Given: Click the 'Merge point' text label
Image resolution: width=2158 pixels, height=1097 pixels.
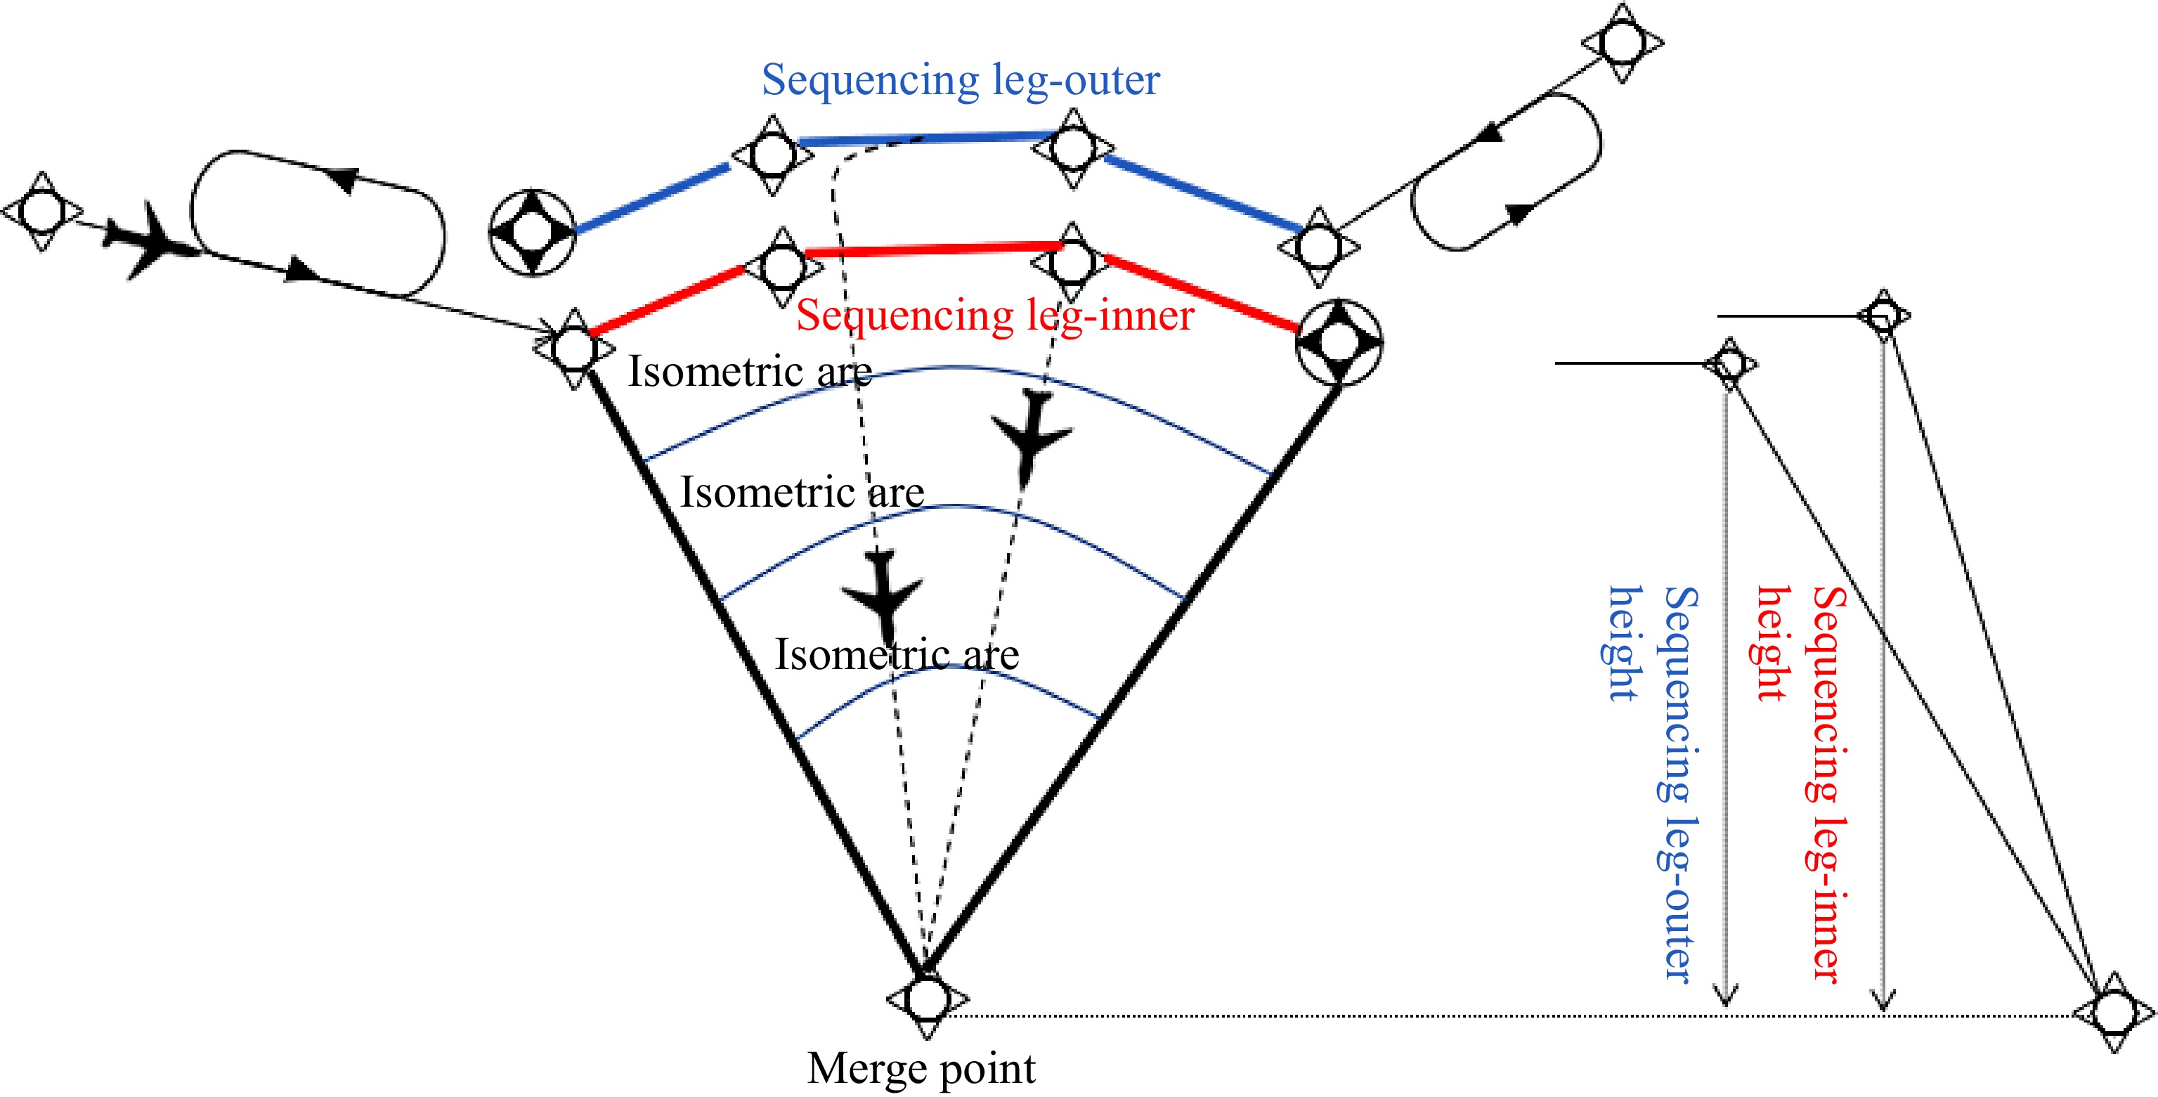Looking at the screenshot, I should click(921, 1068).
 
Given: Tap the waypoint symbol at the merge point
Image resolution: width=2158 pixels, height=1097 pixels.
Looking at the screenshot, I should click(927, 999).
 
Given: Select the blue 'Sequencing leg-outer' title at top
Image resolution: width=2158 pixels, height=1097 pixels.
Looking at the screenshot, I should click(960, 80).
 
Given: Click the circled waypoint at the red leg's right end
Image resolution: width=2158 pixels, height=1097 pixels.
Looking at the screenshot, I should click(1338, 342).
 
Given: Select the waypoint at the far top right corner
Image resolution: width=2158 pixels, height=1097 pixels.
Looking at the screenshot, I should click(1623, 42).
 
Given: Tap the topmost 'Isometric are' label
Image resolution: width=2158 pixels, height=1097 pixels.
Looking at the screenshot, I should click(750, 371).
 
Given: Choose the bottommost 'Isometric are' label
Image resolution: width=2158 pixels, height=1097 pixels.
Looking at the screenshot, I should click(897, 654).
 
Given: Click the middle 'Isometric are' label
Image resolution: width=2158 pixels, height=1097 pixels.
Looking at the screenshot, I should click(802, 492).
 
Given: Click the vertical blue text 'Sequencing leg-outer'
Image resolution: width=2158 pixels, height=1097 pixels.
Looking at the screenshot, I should click(1679, 784).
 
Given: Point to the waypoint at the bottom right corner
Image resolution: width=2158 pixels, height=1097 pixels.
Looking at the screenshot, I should click(2113, 1011).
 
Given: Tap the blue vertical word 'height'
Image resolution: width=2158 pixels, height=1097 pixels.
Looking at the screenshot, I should click(1623, 643).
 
